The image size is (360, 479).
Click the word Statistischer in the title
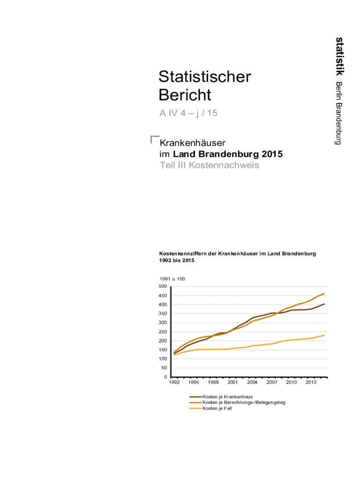(x=205, y=77)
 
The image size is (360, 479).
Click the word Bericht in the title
(x=185, y=95)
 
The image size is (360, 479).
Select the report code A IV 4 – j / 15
(x=188, y=113)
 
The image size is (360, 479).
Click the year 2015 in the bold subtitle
(x=272, y=154)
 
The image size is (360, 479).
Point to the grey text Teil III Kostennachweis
(x=209, y=165)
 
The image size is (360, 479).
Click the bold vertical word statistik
(x=340, y=56)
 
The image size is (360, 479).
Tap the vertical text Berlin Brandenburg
(x=339, y=113)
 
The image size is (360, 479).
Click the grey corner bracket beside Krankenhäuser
(x=154, y=139)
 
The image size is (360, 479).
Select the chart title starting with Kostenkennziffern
(x=238, y=254)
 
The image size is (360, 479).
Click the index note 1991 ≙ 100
(x=172, y=279)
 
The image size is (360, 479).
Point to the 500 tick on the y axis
(x=163, y=286)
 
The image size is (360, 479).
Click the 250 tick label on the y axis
(x=163, y=332)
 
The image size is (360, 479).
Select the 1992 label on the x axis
(x=174, y=383)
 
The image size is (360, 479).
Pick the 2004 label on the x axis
(x=252, y=383)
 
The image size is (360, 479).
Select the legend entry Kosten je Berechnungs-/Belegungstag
(x=244, y=402)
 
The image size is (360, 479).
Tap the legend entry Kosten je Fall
(x=217, y=408)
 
